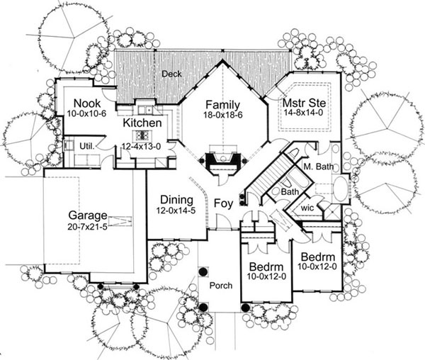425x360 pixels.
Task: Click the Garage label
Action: [x=87, y=215]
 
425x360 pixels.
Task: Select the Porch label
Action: [x=220, y=285]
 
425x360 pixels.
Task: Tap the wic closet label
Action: [x=307, y=209]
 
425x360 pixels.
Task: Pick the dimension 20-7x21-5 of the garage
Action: [x=87, y=227]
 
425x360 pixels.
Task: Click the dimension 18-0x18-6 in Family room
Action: [x=221, y=115]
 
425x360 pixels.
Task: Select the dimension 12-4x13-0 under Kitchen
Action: [x=142, y=145]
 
